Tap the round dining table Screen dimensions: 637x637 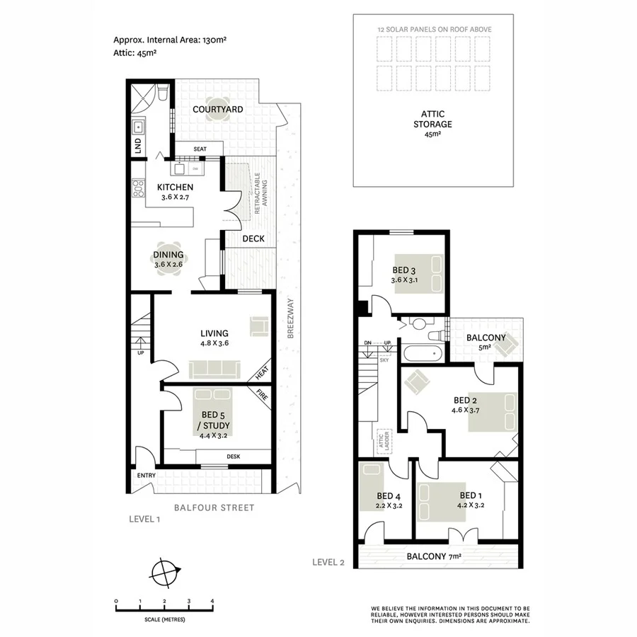168,260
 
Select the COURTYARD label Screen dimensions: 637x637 217,109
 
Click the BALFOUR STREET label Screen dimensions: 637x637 214,507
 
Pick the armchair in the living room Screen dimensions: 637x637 259,326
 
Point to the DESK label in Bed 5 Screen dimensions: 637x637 234,457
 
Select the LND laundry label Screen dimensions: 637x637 138,147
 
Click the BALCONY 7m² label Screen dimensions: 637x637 433,556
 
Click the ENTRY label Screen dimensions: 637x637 146,475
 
